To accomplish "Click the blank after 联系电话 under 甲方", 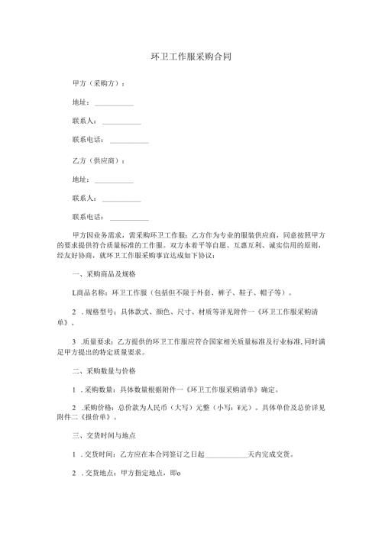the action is (x=129, y=141).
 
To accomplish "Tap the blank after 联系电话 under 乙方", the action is (x=129, y=220).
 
